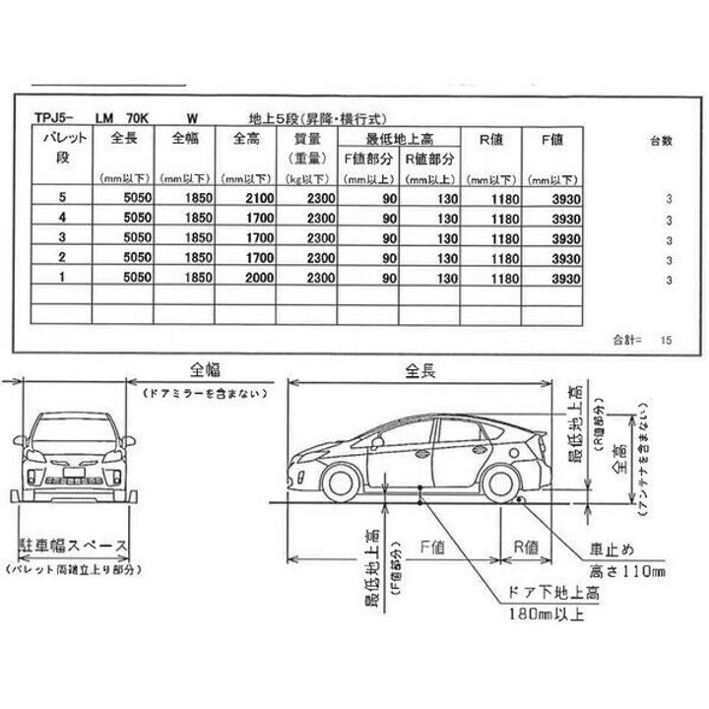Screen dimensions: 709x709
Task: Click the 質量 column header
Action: pyautogui.click(x=305, y=138)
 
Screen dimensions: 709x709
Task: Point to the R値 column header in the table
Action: pyautogui.click(x=491, y=139)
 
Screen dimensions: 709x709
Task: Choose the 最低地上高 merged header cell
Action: pyautogui.click(x=399, y=138)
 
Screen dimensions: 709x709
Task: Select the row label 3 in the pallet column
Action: pyautogui.click(x=62, y=239)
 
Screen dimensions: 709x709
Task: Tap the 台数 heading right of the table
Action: pyautogui.click(x=662, y=140)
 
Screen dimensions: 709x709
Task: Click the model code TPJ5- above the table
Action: pyautogui.click(x=49, y=115)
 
